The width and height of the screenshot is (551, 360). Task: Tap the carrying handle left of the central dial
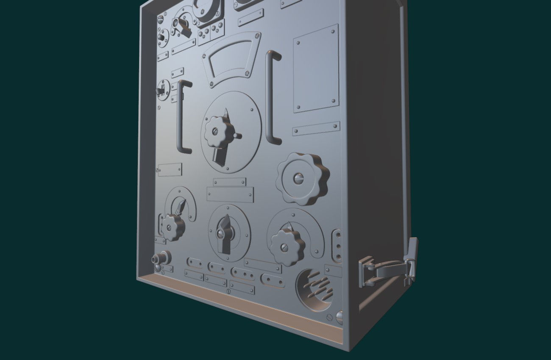[182, 116]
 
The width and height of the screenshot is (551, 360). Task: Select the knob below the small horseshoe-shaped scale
[172, 227]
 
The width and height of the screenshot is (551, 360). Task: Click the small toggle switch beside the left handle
[162, 89]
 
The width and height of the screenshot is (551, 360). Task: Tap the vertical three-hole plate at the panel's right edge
[337, 245]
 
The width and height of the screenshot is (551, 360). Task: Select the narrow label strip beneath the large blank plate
[316, 128]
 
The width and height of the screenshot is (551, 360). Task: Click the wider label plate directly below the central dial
[231, 194]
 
